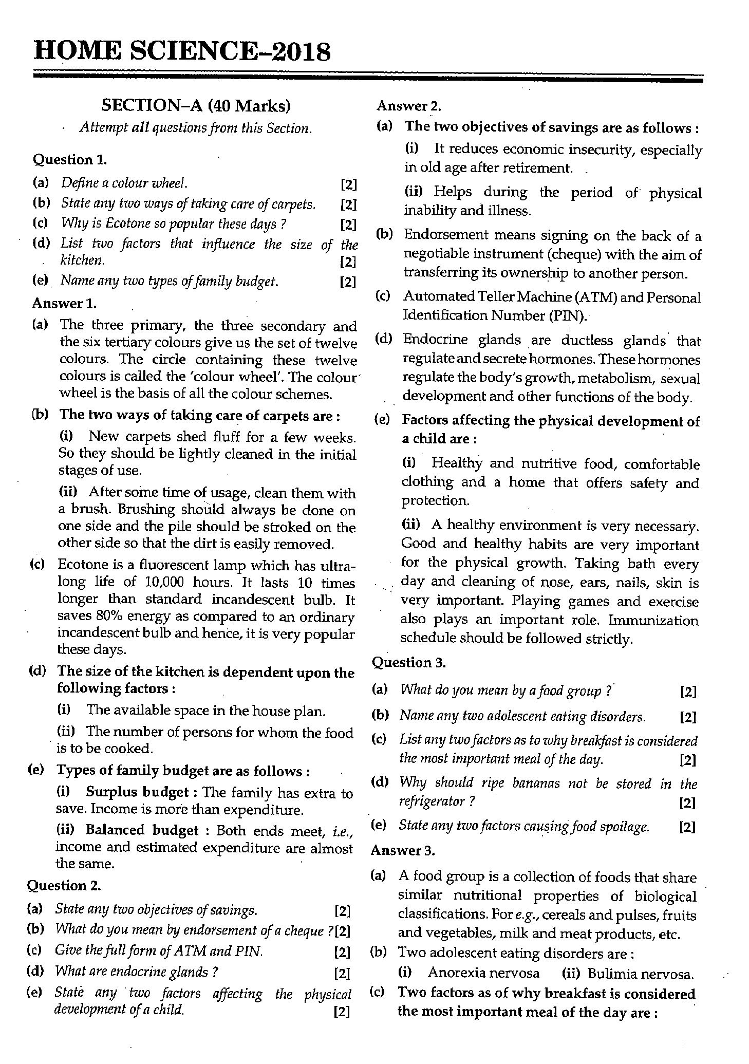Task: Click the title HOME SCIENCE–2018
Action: click(x=182, y=52)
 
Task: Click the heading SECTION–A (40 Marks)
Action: click(x=196, y=106)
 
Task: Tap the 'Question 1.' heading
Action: click(x=70, y=160)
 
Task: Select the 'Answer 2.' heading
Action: click(x=409, y=106)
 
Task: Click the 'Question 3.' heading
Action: click(x=408, y=663)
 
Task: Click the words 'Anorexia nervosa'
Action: click(x=483, y=973)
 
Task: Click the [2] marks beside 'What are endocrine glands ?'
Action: click(x=342, y=973)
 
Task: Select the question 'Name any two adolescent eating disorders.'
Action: click(x=522, y=716)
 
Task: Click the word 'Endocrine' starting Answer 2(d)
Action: click(x=436, y=340)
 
